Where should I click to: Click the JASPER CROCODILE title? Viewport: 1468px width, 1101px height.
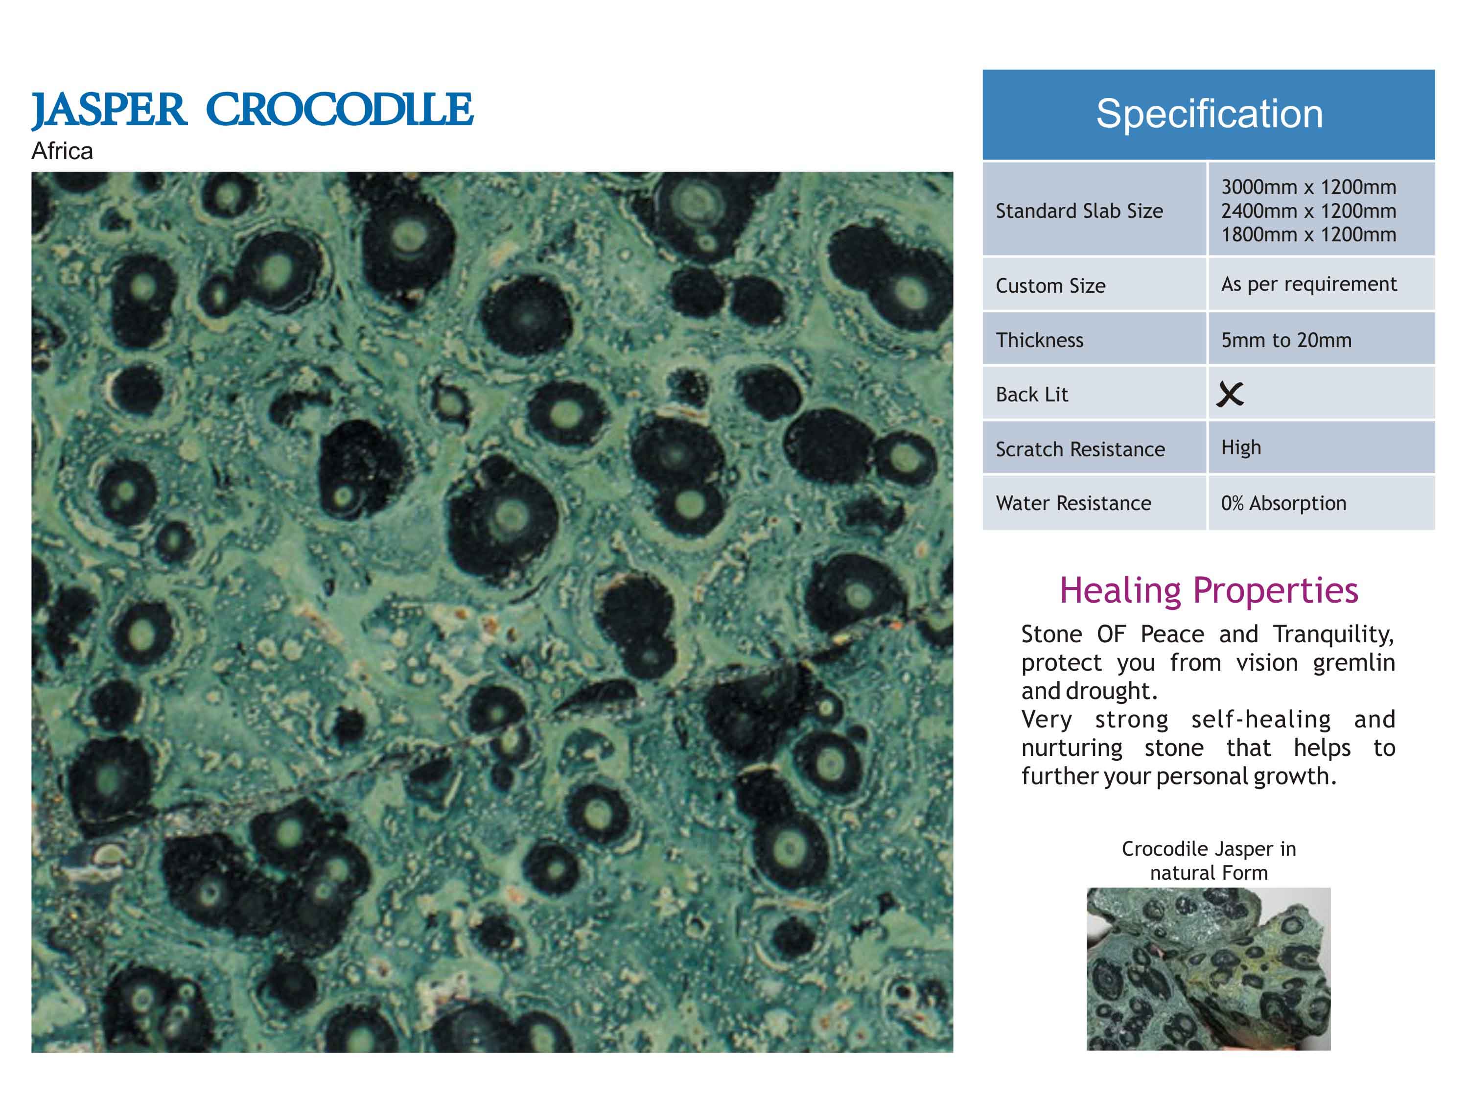tap(252, 110)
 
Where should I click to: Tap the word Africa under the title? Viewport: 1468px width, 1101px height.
tap(62, 151)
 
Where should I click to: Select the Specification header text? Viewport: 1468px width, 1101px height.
tap(1209, 114)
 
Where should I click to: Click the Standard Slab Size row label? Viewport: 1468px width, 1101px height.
tap(1079, 211)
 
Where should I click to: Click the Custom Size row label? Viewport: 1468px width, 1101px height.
tap(1050, 286)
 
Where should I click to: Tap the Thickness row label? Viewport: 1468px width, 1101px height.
tap(1039, 340)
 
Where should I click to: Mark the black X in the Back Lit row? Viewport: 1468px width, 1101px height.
tap(1230, 394)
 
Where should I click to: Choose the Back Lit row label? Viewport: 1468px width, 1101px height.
tap(1032, 394)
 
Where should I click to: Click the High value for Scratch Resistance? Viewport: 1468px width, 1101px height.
tap(1241, 448)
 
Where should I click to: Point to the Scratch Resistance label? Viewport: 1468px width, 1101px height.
tap(1080, 449)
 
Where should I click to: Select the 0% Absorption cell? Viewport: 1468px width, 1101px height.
tap(1283, 503)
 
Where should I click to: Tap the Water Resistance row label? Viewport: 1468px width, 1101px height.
tap(1073, 503)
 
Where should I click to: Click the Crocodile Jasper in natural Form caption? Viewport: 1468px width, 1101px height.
tap(1209, 861)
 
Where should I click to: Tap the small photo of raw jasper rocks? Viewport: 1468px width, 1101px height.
tap(1209, 969)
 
